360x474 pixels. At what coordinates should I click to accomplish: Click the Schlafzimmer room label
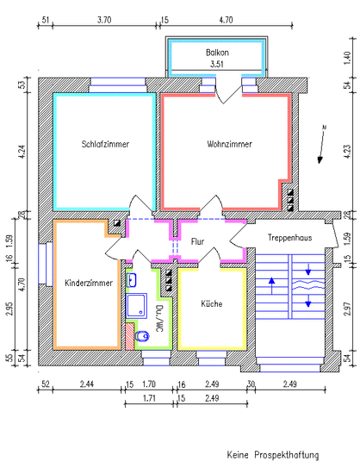pyautogui.click(x=105, y=144)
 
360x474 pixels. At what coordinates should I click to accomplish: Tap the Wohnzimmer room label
pyautogui.click(x=230, y=144)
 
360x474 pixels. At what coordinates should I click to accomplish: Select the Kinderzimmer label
pyautogui.click(x=89, y=284)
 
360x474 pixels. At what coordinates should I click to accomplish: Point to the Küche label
pyautogui.click(x=212, y=303)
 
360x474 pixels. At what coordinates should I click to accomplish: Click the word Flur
pyautogui.click(x=197, y=241)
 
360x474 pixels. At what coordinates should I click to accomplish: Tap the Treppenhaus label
pyautogui.click(x=289, y=238)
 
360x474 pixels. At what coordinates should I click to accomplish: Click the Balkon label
pyautogui.click(x=217, y=53)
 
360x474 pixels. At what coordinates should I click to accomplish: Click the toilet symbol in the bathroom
pyautogui.click(x=142, y=335)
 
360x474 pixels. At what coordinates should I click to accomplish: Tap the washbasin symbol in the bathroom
pyautogui.click(x=132, y=280)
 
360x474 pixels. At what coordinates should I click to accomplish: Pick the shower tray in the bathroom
pyautogui.click(x=137, y=305)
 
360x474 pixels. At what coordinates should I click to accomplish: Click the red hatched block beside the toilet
pyautogui.click(x=129, y=336)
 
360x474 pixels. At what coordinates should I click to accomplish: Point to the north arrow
pyautogui.click(x=321, y=144)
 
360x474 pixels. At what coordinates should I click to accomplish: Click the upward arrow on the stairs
pyautogui.click(x=272, y=285)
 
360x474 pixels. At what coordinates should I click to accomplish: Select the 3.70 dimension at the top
pyautogui.click(x=104, y=20)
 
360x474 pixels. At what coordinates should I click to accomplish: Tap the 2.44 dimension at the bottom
pyautogui.click(x=87, y=384)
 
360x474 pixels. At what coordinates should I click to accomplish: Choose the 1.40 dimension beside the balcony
pyautogui.click(x=348, y=58)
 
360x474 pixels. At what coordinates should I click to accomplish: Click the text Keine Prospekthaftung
pyautogui.click(x=273, y=455)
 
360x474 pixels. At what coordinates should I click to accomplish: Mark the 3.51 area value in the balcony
pyautogui.click(x=217, y=64)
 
